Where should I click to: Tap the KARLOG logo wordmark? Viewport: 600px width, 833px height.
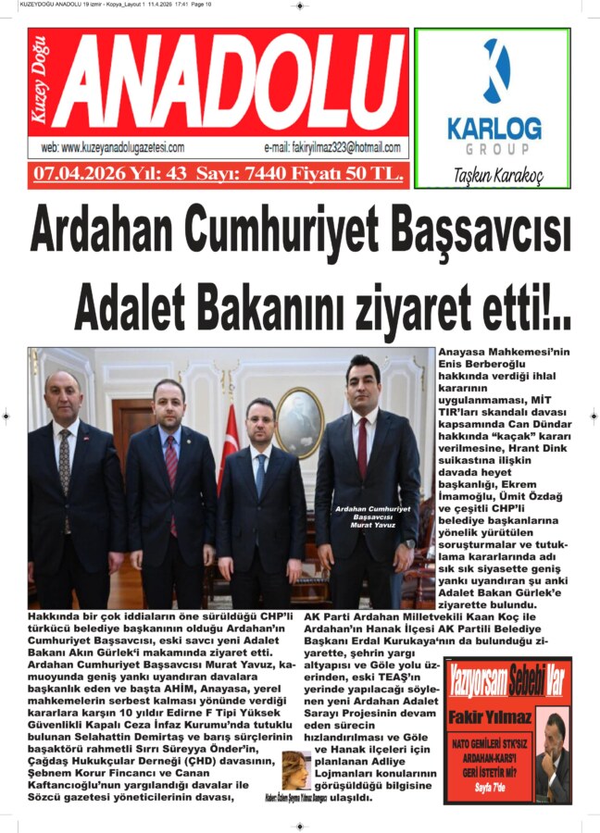click(494, 127)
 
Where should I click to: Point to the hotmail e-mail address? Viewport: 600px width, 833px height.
click(332, 147)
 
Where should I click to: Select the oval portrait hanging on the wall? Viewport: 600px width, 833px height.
click(298, 423)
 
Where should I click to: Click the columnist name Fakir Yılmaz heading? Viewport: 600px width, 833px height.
click(488, 716)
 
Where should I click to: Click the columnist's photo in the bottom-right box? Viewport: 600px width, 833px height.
click(554, 754)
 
